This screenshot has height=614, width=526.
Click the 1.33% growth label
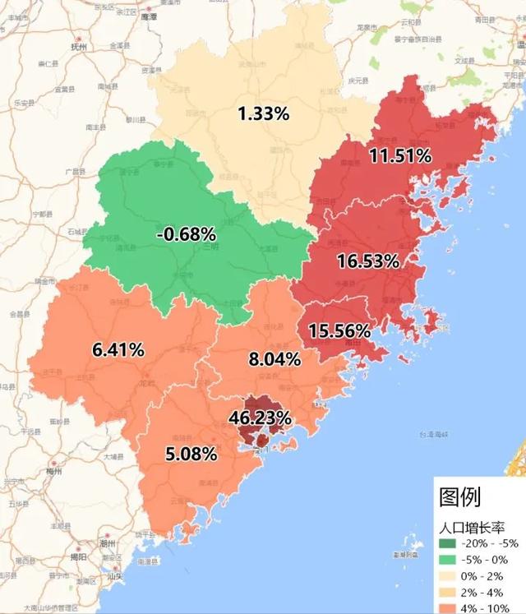[x=263, y=114]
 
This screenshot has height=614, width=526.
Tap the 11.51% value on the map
[x=400, y=155]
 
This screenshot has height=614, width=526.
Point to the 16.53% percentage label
[x=368, y=262]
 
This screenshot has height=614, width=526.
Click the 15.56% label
[x=339, y=331]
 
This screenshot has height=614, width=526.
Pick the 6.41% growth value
[x=118, y=350]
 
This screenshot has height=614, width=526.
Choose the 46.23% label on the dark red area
[x=260, y=418]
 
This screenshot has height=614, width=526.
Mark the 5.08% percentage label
[x=191, y=454]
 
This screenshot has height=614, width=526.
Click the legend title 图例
[x=460, y=496]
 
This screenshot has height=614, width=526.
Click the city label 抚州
[x=79, y=47]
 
